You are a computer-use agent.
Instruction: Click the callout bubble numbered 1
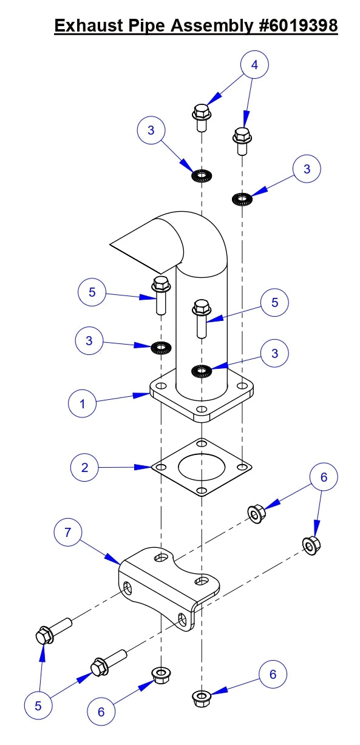[x=83, y=403]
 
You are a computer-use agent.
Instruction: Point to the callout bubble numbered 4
[x=254, y=66]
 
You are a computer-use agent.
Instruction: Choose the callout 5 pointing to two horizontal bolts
[x=38, y=706]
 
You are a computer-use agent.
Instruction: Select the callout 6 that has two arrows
[x=324, y=477]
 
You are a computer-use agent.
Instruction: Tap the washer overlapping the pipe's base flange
[x=201, y=369]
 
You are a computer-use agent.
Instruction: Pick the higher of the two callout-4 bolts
[x=201, y=117]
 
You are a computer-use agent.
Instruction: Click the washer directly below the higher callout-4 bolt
[x=201, y=177]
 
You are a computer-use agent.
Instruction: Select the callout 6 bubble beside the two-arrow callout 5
[x=101, y=711]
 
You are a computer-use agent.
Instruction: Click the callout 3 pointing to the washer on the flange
[x=275, y=353]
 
